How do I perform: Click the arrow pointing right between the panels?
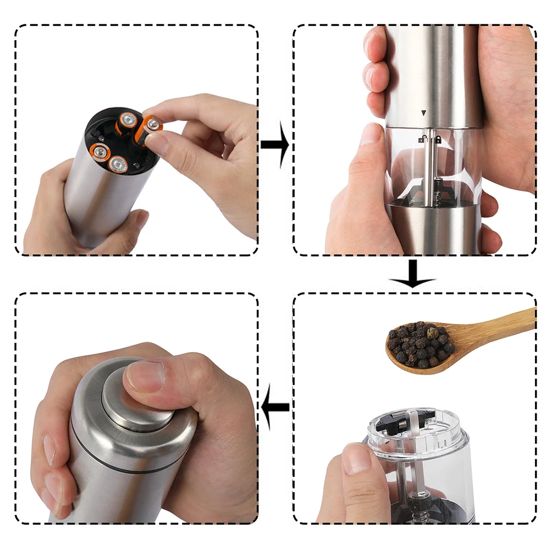pos(275,145)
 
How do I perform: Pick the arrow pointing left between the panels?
pos(275,407)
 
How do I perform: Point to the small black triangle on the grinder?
pos(423,113)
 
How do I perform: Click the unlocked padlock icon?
pos(422,140)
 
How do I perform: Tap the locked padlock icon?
pos(438,140)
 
